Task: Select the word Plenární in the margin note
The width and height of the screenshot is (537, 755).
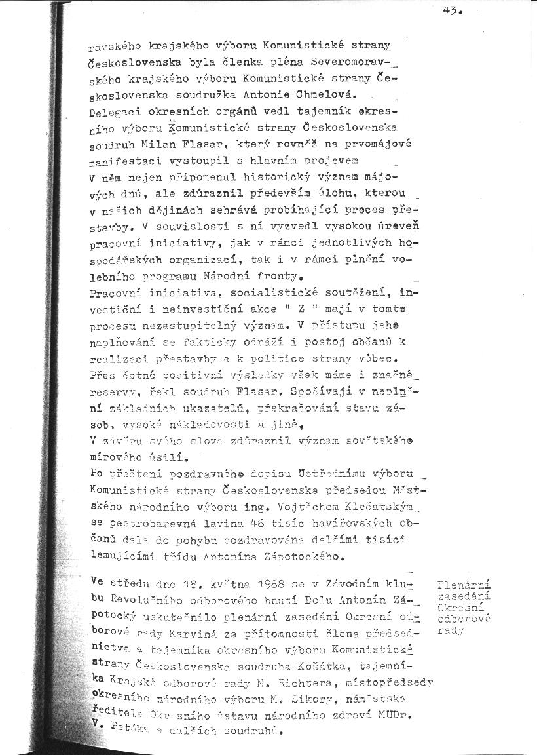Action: click(465, 585)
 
